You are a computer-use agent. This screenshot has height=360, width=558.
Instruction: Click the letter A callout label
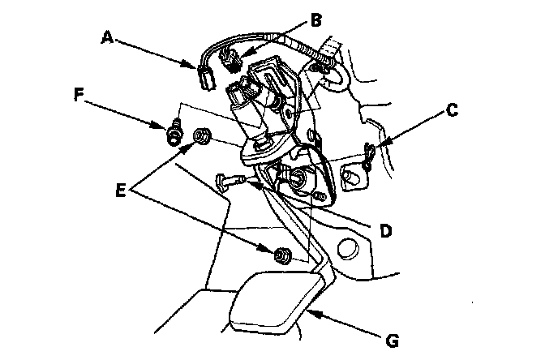coord(107,36)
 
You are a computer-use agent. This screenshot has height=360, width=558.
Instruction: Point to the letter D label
coord(386,231)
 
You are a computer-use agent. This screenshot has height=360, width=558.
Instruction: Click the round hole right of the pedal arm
coord(348,247)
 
